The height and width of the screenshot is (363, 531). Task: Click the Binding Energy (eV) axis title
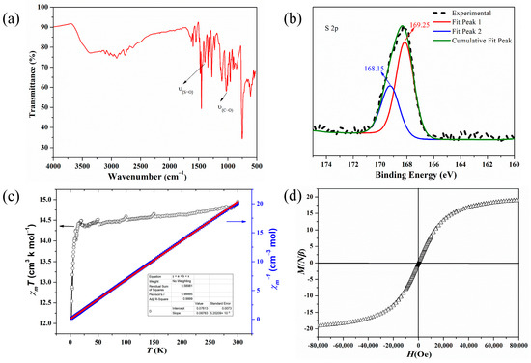coord(417,176)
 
